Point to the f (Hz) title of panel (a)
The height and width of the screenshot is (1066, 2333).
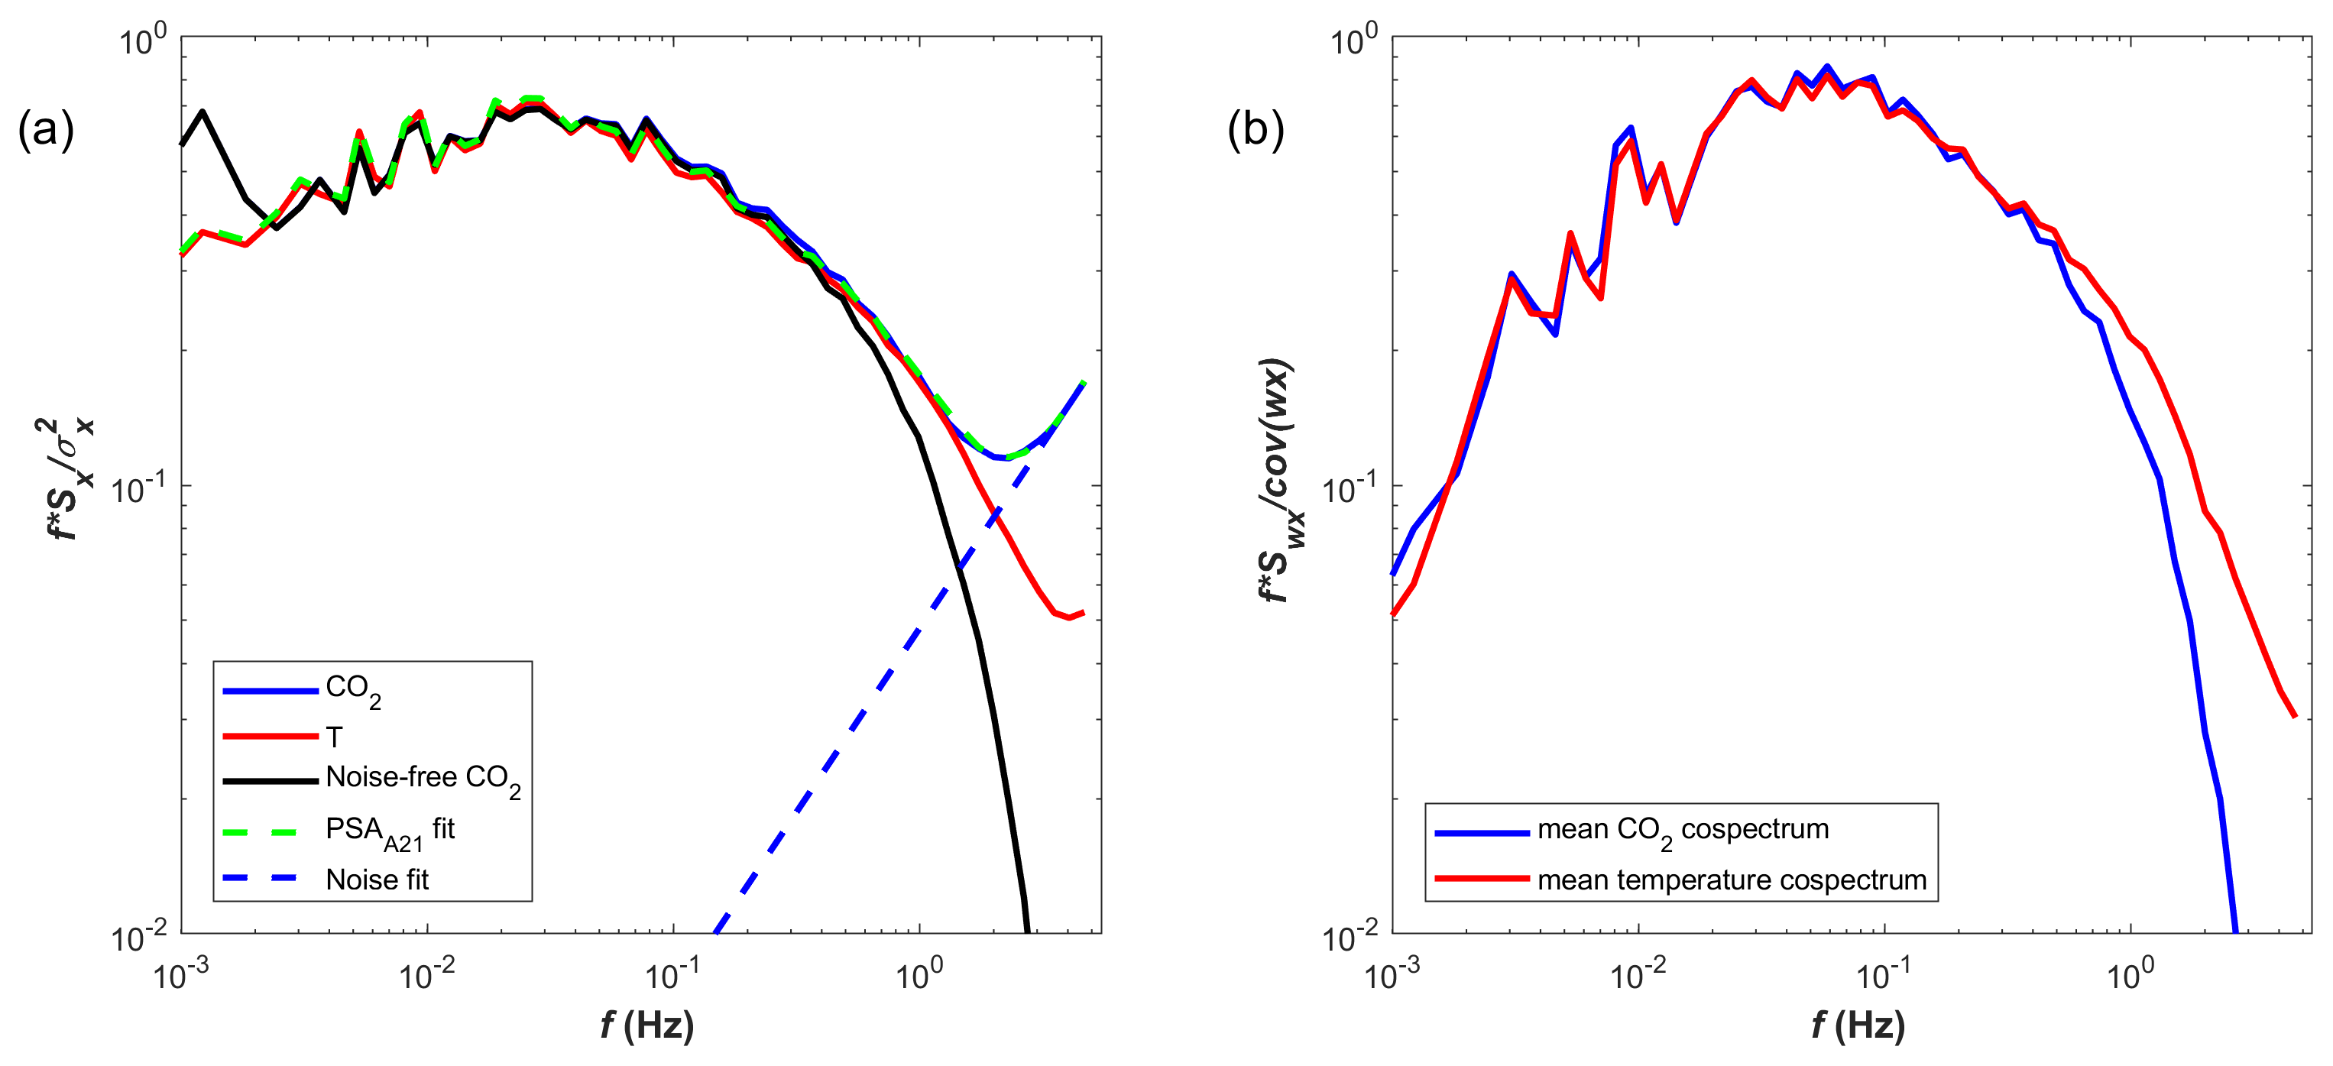646,1025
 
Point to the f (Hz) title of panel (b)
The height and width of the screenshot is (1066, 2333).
1858,1025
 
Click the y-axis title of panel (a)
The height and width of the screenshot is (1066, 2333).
69,480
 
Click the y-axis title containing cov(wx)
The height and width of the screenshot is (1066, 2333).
1281,480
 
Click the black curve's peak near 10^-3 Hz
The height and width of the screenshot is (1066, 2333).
203,112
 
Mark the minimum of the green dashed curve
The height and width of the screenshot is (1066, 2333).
1007,458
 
